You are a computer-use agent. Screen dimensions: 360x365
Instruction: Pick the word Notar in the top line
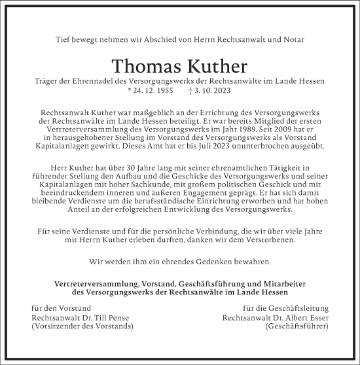tap(310, 40)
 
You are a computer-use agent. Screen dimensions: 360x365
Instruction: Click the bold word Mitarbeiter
tap(289, 283)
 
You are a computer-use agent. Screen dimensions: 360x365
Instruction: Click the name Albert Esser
tap(304, 317)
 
